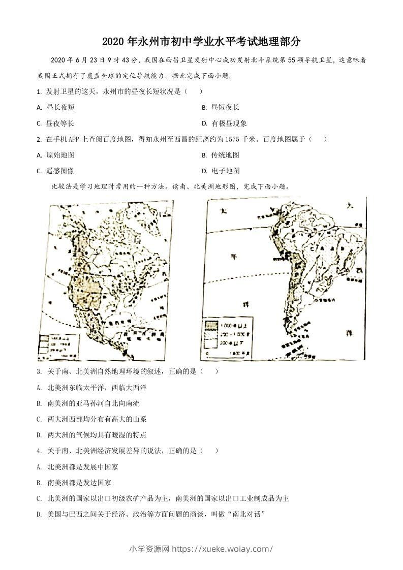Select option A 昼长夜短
60,107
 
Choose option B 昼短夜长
225,107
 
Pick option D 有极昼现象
229,123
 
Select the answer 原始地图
60,155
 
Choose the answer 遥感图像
60,171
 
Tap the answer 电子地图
225,171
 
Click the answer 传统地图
225,155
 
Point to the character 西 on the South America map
359,270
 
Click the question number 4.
39,451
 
